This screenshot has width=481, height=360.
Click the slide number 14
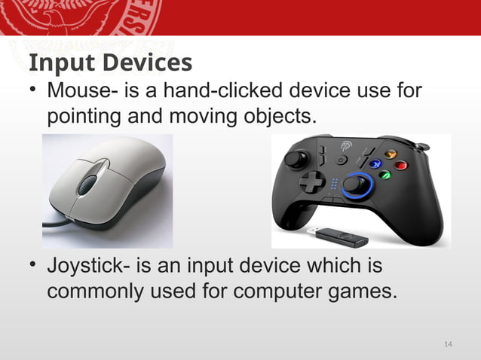[x=449, y=344]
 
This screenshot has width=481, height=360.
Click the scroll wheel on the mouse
[x=89, y=184]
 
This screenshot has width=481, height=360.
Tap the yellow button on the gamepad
[x=390, y=154]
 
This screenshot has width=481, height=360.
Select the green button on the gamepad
[x=384, y=175]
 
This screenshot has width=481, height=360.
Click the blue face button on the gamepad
[x=375, y=163]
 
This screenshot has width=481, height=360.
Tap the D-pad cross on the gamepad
[x=311, y=182]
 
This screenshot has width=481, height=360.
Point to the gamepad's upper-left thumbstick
[x=296, y=159]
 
